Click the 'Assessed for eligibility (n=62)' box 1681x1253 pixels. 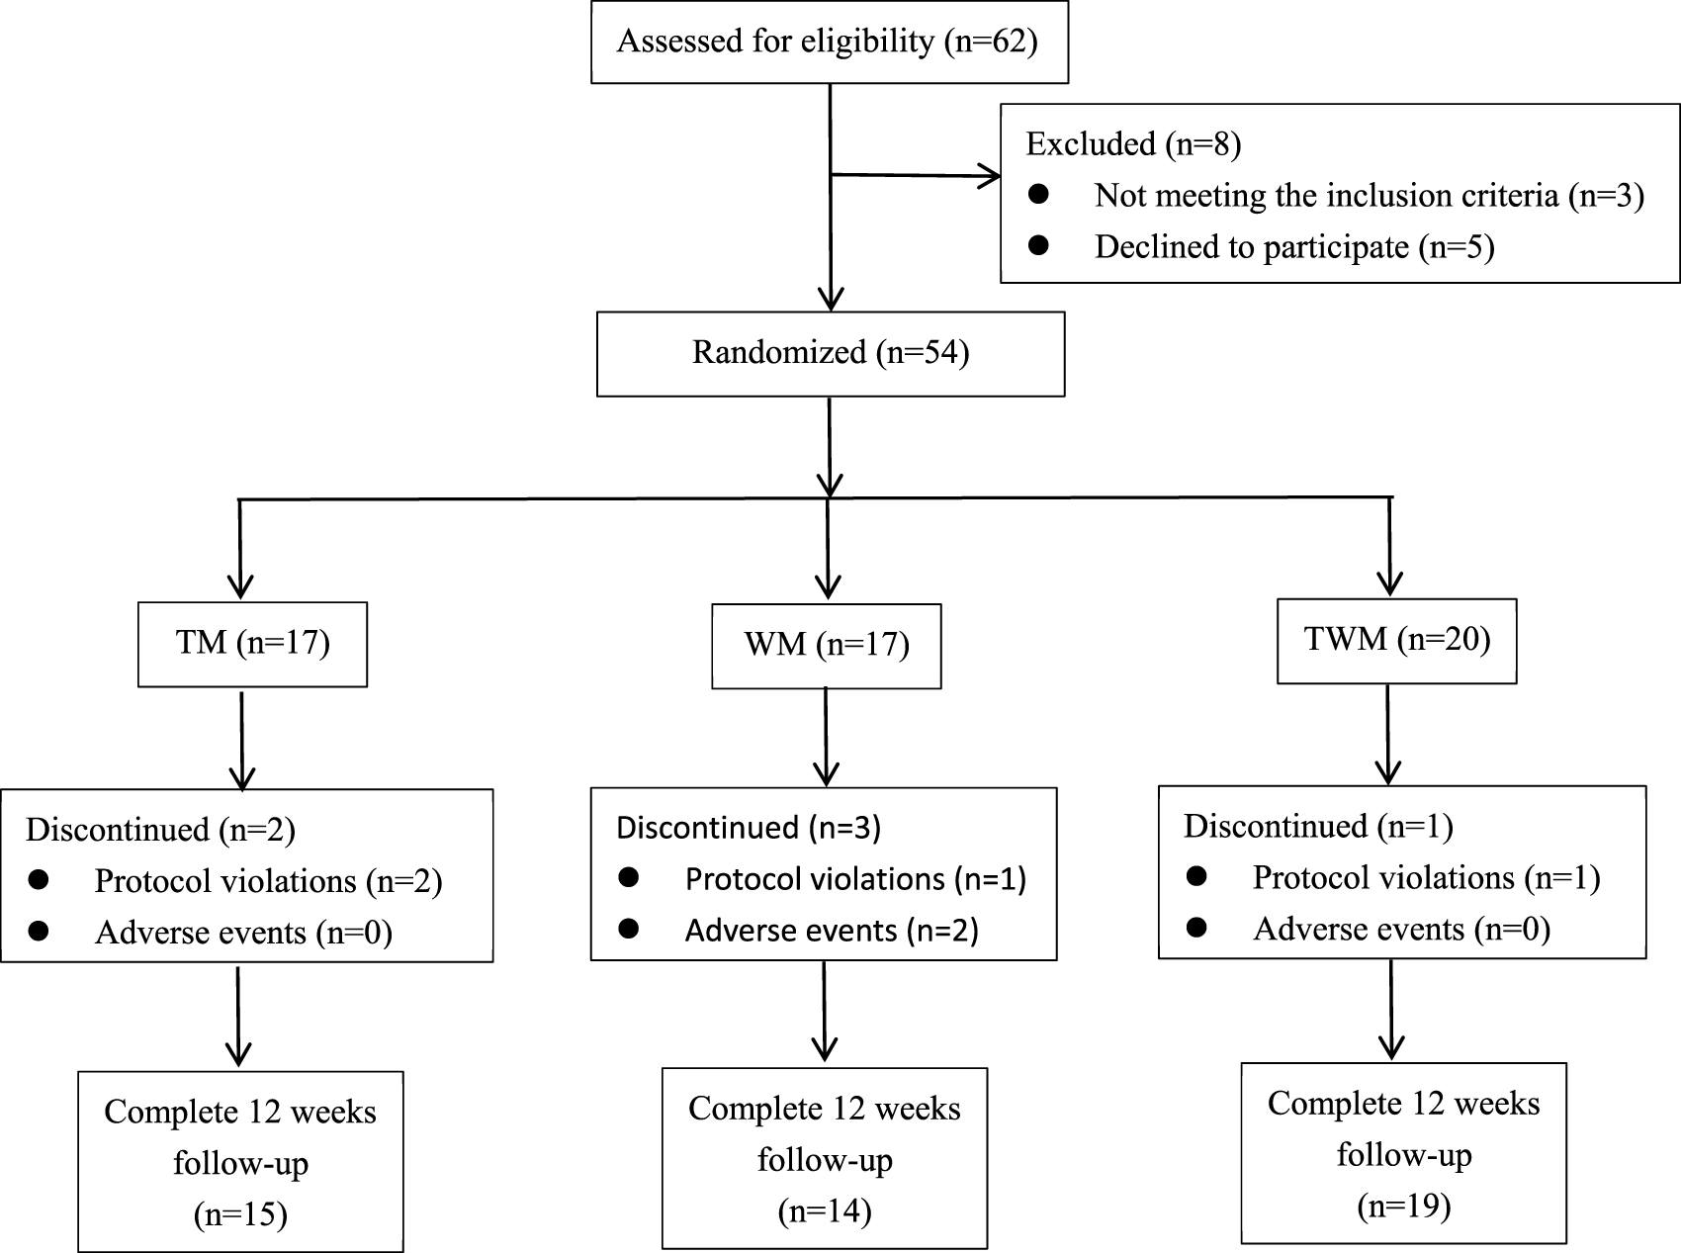coord(829,42)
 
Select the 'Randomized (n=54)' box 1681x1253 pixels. coord(830,353)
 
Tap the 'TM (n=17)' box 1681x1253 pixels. coord(252,643)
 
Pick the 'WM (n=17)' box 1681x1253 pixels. coord(826,645)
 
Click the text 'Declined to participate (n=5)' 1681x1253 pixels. coord(1293,246)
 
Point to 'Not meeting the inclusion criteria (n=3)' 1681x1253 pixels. coord(1369,195)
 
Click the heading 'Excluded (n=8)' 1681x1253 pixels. coord(1133,144)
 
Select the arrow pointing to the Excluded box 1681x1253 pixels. coord(915,176)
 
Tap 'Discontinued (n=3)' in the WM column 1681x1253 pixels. coord(748,827)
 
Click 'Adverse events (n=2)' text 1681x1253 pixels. coord(831,930)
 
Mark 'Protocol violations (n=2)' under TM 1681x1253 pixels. coord(267,880)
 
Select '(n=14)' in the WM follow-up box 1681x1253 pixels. coord(825,1210)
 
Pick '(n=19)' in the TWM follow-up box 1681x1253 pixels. coord(1403,1206)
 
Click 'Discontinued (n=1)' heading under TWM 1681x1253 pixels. coord(1317,825)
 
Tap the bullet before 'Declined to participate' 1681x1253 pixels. coord(1037,245)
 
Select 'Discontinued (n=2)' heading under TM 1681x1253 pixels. coord(160,829)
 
